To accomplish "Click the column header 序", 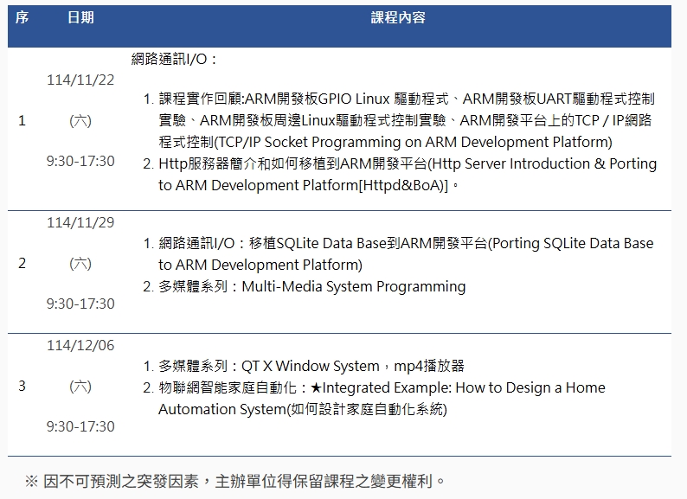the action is point(22,17).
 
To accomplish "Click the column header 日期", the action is point(80,17).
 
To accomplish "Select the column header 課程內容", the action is point(398,17).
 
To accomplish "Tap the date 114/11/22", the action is point(80,80).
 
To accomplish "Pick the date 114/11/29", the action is point(80,222).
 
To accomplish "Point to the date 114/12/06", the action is point(80,345).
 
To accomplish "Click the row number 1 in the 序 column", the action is point(22,120).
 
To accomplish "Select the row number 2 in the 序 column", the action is point(22,263).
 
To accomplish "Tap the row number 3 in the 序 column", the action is point(22,386).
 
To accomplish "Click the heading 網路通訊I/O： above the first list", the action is point(174,59).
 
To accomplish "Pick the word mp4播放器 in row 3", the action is point(429,366).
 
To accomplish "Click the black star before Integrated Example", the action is point(316,387).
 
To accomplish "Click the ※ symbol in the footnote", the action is point(31,481).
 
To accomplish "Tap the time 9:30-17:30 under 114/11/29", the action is point(80,304).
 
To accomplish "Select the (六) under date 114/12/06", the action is point(80,386).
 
